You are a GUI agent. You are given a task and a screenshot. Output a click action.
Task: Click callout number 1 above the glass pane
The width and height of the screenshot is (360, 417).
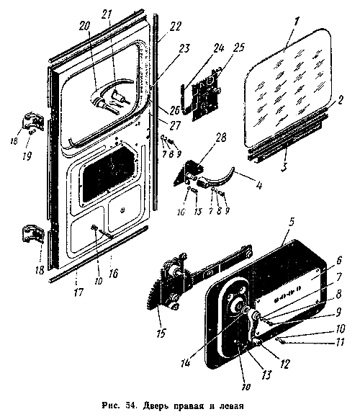tap(296, 23)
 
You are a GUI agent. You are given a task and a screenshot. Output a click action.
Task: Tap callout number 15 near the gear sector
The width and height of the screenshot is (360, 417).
tap(161, 331)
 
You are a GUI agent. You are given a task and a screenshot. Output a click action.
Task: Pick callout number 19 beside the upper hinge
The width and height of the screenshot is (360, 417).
tap(27, 155)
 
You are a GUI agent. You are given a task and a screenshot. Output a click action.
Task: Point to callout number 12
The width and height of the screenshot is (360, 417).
tap(284, 364)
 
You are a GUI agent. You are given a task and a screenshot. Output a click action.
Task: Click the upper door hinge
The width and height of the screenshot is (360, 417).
tap(32, 122)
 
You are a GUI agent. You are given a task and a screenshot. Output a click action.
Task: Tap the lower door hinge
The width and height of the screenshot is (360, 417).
tap(32, 233)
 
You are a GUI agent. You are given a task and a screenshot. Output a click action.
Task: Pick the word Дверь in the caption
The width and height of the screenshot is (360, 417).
tap(156, 406)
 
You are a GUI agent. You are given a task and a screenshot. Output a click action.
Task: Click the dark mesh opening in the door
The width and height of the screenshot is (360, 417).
tap(109, 174)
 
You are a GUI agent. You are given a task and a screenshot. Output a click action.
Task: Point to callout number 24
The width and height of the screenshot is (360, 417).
tap(218, 48)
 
